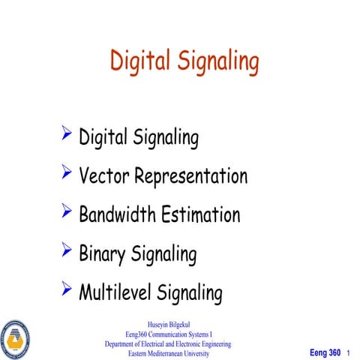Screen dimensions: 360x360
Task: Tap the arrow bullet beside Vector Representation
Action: click(x=67, y=174)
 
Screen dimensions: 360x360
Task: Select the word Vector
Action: click(x=103, y=176)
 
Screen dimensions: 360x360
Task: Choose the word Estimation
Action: click(x=200, y=214)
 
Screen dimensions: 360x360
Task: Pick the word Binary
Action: click(x=102, y=254)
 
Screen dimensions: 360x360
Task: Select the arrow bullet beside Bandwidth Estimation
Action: click(x=67, y=212)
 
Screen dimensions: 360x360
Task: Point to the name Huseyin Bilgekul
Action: click(x=168, y=325)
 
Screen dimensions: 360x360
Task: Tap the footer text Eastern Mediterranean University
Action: click(x=168, y=352)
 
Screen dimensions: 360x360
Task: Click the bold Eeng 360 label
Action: click(x=325, y=352)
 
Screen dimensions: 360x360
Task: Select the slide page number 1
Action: click(x=349, y=352)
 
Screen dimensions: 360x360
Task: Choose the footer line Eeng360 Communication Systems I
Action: click(x=168, y=334)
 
